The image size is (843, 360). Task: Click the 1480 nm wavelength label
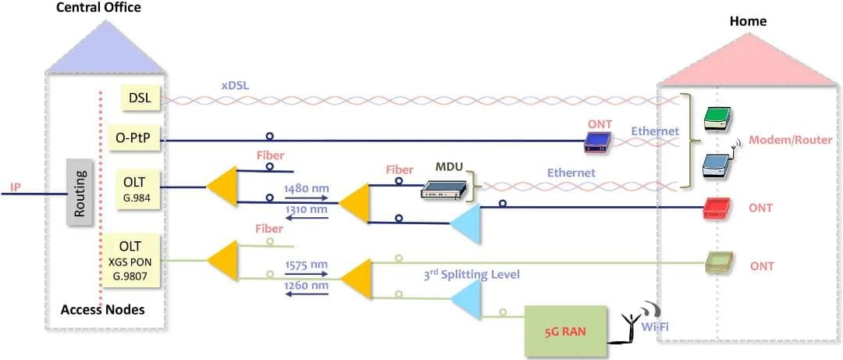pyautogui.click(x=307, y=188)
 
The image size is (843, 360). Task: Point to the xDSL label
pyautogui.click(x=235, y=84)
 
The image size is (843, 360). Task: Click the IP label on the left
pyautogui.click(x=15, y=187)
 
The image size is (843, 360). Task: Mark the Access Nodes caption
pyautogui.click(x=102, y=311)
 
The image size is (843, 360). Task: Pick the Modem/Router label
pyautogui.click(x=790, y=140)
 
